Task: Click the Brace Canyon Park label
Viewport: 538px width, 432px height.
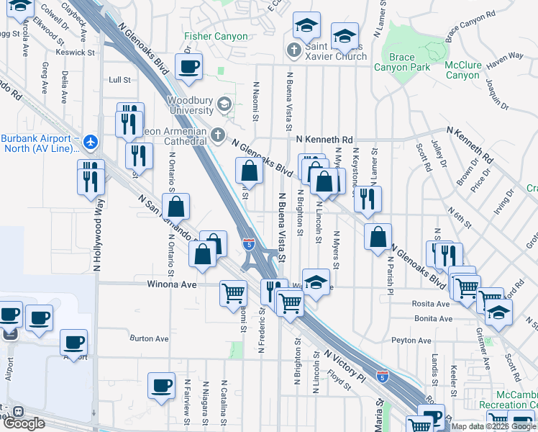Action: (x=402, y=62)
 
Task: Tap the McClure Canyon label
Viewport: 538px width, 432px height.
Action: (x=462, y=70)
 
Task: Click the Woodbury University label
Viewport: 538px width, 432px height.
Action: (x=191, y=105)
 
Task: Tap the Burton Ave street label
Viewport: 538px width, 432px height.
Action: (x=149, y=338)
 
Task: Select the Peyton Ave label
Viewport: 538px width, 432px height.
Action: (x=411, y=341)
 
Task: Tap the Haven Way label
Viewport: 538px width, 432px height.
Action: (x=505, y=56)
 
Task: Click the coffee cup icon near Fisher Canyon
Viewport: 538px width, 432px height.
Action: (x=188, y=67)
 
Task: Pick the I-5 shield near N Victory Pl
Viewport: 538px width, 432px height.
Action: (x=383, y=376)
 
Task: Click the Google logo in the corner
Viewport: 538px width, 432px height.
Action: (x=24, y=423)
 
